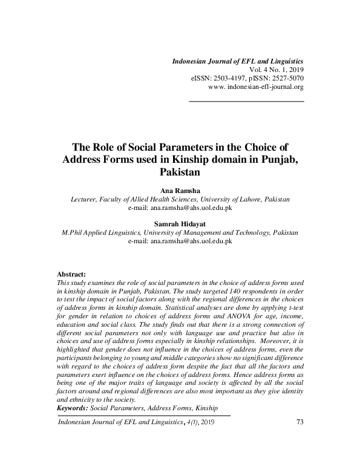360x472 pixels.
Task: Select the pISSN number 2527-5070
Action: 287,79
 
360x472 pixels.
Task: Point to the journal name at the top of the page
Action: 238,62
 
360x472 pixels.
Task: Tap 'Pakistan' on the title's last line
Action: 179,171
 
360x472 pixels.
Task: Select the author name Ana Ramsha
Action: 179,191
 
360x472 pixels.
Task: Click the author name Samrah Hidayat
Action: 179,223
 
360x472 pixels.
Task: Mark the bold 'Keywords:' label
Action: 72,408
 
